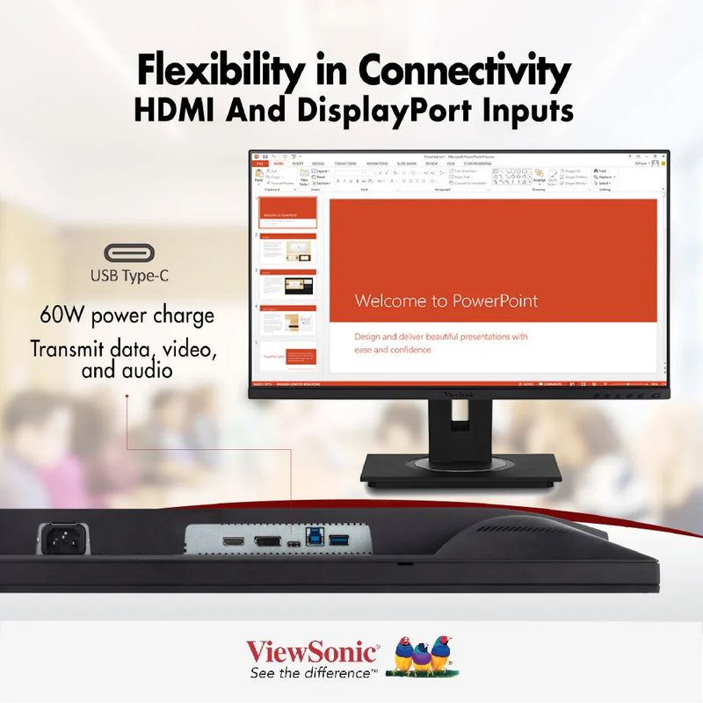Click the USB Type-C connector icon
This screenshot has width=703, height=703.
[129, 254]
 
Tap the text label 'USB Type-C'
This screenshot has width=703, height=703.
[129, 276]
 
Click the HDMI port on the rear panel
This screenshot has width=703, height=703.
[233, 540]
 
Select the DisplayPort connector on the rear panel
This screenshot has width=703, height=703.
[267, 540]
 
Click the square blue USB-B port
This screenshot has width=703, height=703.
[315, 539]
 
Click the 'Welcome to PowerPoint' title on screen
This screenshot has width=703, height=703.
[446, 301]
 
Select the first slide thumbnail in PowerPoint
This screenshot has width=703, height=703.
[287, 212]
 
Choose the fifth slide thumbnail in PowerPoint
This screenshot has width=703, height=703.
[287, 355]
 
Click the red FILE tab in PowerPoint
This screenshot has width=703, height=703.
[260, 163]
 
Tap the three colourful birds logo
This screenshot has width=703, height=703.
[423, 655]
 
